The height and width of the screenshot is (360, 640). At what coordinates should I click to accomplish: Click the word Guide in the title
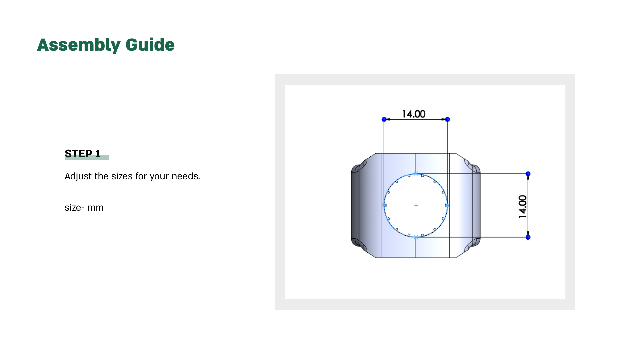[x=150, y=45]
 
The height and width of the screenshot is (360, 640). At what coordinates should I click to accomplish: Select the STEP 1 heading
[x=82, y=154]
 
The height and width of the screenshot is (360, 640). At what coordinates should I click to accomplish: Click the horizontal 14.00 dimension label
[x=414, y=114]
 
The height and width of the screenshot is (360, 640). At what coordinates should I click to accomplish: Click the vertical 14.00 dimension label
[x=523, y=207]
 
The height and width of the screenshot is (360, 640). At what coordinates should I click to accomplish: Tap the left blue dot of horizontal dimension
[x=384, y=119]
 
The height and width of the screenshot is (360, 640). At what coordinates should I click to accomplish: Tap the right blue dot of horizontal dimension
[x=448, y=119]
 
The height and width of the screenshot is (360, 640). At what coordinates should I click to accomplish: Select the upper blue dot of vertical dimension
[x=528, y=174]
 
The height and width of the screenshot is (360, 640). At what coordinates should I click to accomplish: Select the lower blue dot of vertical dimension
[x=528, y=237]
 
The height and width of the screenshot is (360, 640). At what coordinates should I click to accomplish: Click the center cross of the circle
[x=416, y=205]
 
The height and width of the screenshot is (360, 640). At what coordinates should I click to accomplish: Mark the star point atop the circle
[x=416, y=173]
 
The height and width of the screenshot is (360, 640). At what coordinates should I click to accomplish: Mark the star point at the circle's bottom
[x=416, y=237]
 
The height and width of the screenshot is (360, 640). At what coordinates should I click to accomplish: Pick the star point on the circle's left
[x=384, y=206]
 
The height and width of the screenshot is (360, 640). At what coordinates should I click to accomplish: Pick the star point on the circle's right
[x=447, y=206]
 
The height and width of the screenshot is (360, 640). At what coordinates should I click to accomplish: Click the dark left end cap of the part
[x=356, y=205]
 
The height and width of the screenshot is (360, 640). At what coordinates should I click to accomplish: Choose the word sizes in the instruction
[x=122, y=176]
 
